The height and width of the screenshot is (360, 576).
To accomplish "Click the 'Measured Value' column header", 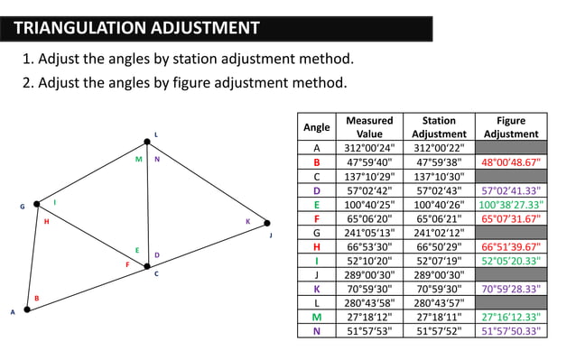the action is coord(369,126).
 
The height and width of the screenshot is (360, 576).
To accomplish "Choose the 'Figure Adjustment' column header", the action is coord(511,126).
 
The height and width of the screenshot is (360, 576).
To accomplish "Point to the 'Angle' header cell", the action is coord(316,127).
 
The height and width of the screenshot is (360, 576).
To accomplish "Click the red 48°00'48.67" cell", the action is coord(511,162).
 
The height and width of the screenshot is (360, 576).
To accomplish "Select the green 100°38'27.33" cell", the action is coord(511,205).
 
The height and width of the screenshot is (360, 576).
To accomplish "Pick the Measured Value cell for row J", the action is coord(369,274).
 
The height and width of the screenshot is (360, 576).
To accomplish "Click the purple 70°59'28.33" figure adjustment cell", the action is coord(511,289).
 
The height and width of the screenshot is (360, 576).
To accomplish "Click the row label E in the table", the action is coord(316,205).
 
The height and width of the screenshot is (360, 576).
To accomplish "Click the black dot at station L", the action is coord(147,141).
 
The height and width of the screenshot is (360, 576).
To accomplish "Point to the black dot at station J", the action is coord(267,222).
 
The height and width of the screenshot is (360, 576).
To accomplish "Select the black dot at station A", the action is coord(27,309).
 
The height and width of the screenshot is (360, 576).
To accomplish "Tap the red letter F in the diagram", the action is coord(127,264).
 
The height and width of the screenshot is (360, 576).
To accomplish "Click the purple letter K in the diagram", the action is coord(247,221).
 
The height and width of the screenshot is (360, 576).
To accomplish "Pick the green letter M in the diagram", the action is coord(138,160).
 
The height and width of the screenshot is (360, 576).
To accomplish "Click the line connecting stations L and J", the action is coord(208,181).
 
